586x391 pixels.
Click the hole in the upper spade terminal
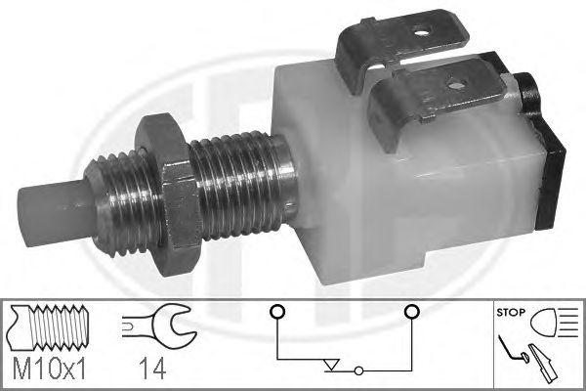click(x=422, y=33)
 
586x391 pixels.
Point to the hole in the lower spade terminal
click(x=455, y=85)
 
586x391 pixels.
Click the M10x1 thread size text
click(x=50, y=369)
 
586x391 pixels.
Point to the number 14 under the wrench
click(x=152, y=369)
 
